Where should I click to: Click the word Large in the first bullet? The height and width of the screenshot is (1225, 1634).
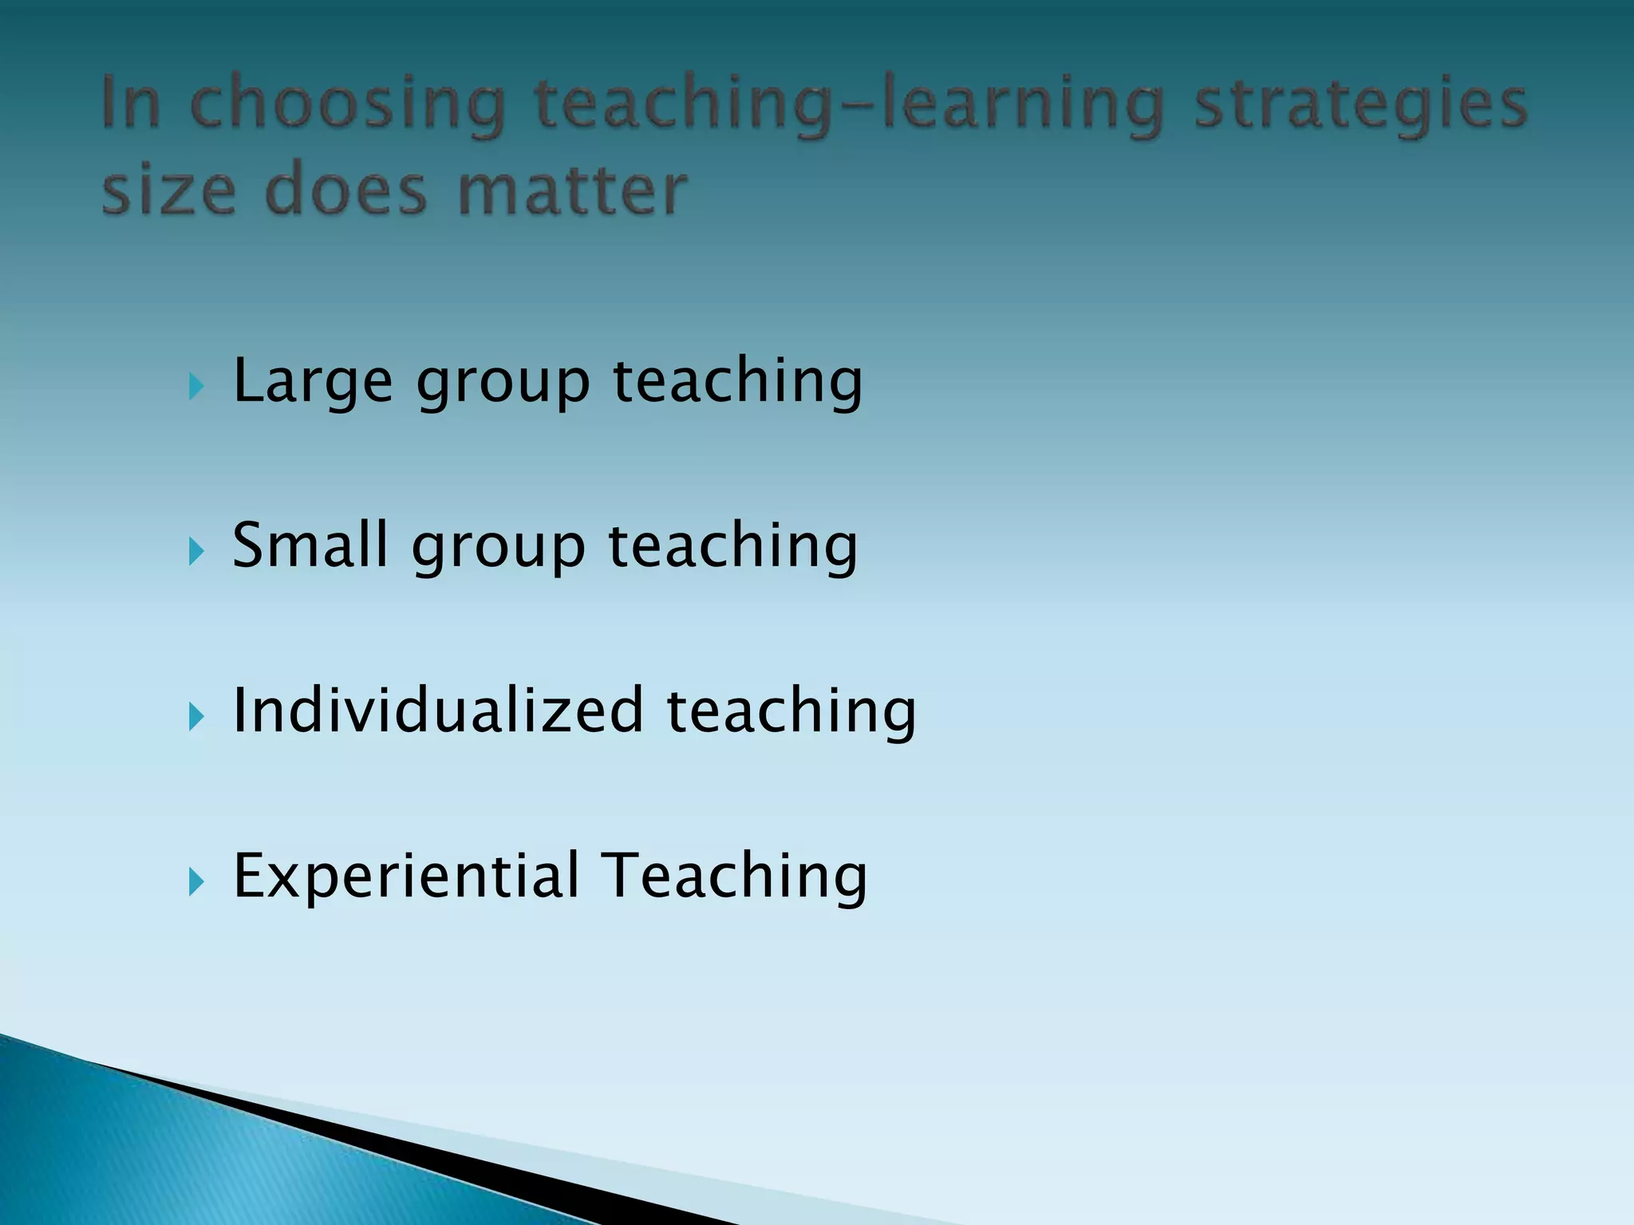pyautogui.click(x=311, y=381)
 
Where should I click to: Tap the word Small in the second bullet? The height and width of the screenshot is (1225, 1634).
pyautogui.click(x=310, y=546)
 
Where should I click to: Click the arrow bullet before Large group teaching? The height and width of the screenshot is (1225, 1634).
pyautogui.click(x=197, y=388)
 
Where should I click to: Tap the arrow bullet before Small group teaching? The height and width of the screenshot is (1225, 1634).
pyautogui.click(x=197, y=552)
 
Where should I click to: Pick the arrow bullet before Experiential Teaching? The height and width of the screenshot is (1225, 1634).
pyautogui.click(x=197, y=882)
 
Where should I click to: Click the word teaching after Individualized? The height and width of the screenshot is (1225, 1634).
pyautogui.click(x=791, y=711)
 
